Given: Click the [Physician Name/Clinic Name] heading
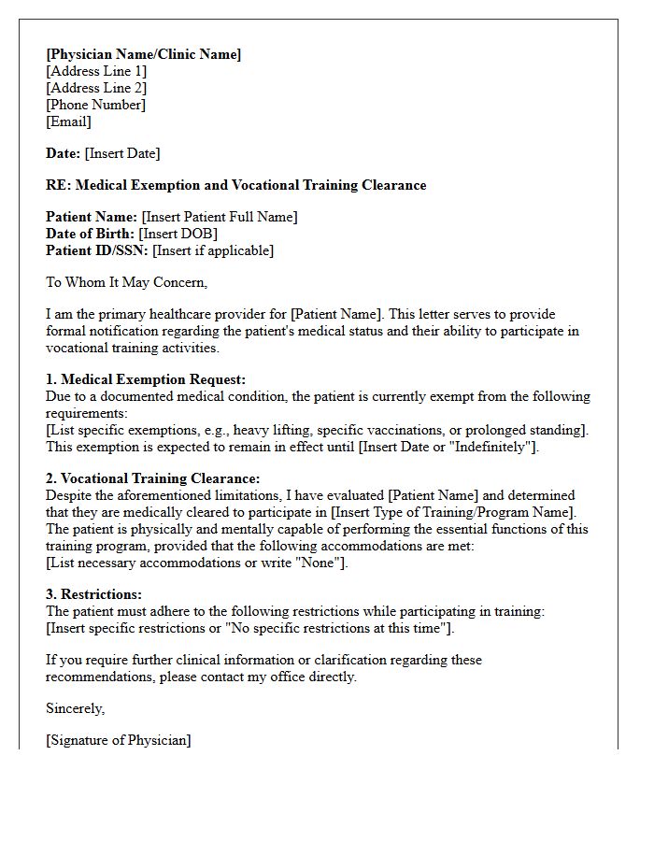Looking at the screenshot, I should pos(143,54).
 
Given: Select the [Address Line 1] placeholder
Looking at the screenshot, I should pos(96,71).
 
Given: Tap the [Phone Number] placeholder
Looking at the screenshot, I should pos(95,105).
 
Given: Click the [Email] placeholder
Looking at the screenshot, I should pos(68,121).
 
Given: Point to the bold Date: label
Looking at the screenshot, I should pos(63,153).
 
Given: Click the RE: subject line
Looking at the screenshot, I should pos(235,185).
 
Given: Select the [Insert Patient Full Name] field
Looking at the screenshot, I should pos(219,217).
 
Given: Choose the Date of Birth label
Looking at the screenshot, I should pos(90,234).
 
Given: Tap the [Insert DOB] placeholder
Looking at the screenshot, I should pos(178,234).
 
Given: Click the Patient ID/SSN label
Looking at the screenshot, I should pos(97,250).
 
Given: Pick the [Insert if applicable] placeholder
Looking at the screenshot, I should pos(213,250).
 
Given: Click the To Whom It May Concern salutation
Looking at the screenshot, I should pos(126,282).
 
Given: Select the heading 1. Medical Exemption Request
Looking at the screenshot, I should pos(146,379).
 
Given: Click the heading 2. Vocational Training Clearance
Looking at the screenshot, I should pos(153,478).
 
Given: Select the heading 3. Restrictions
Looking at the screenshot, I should pos(93,594).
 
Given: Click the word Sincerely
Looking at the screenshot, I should pos(75,708).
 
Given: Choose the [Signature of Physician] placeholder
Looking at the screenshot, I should pos(119,740).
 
